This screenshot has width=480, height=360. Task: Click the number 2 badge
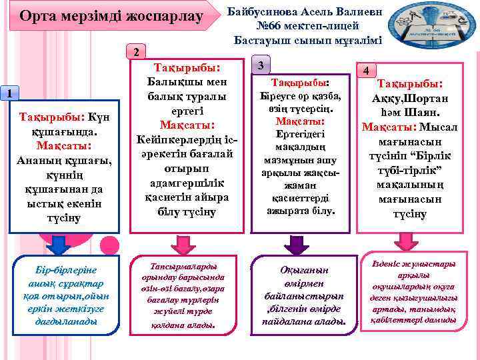135,53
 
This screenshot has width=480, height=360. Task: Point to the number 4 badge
365,71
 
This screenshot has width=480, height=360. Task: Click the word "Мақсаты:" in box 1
64,145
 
